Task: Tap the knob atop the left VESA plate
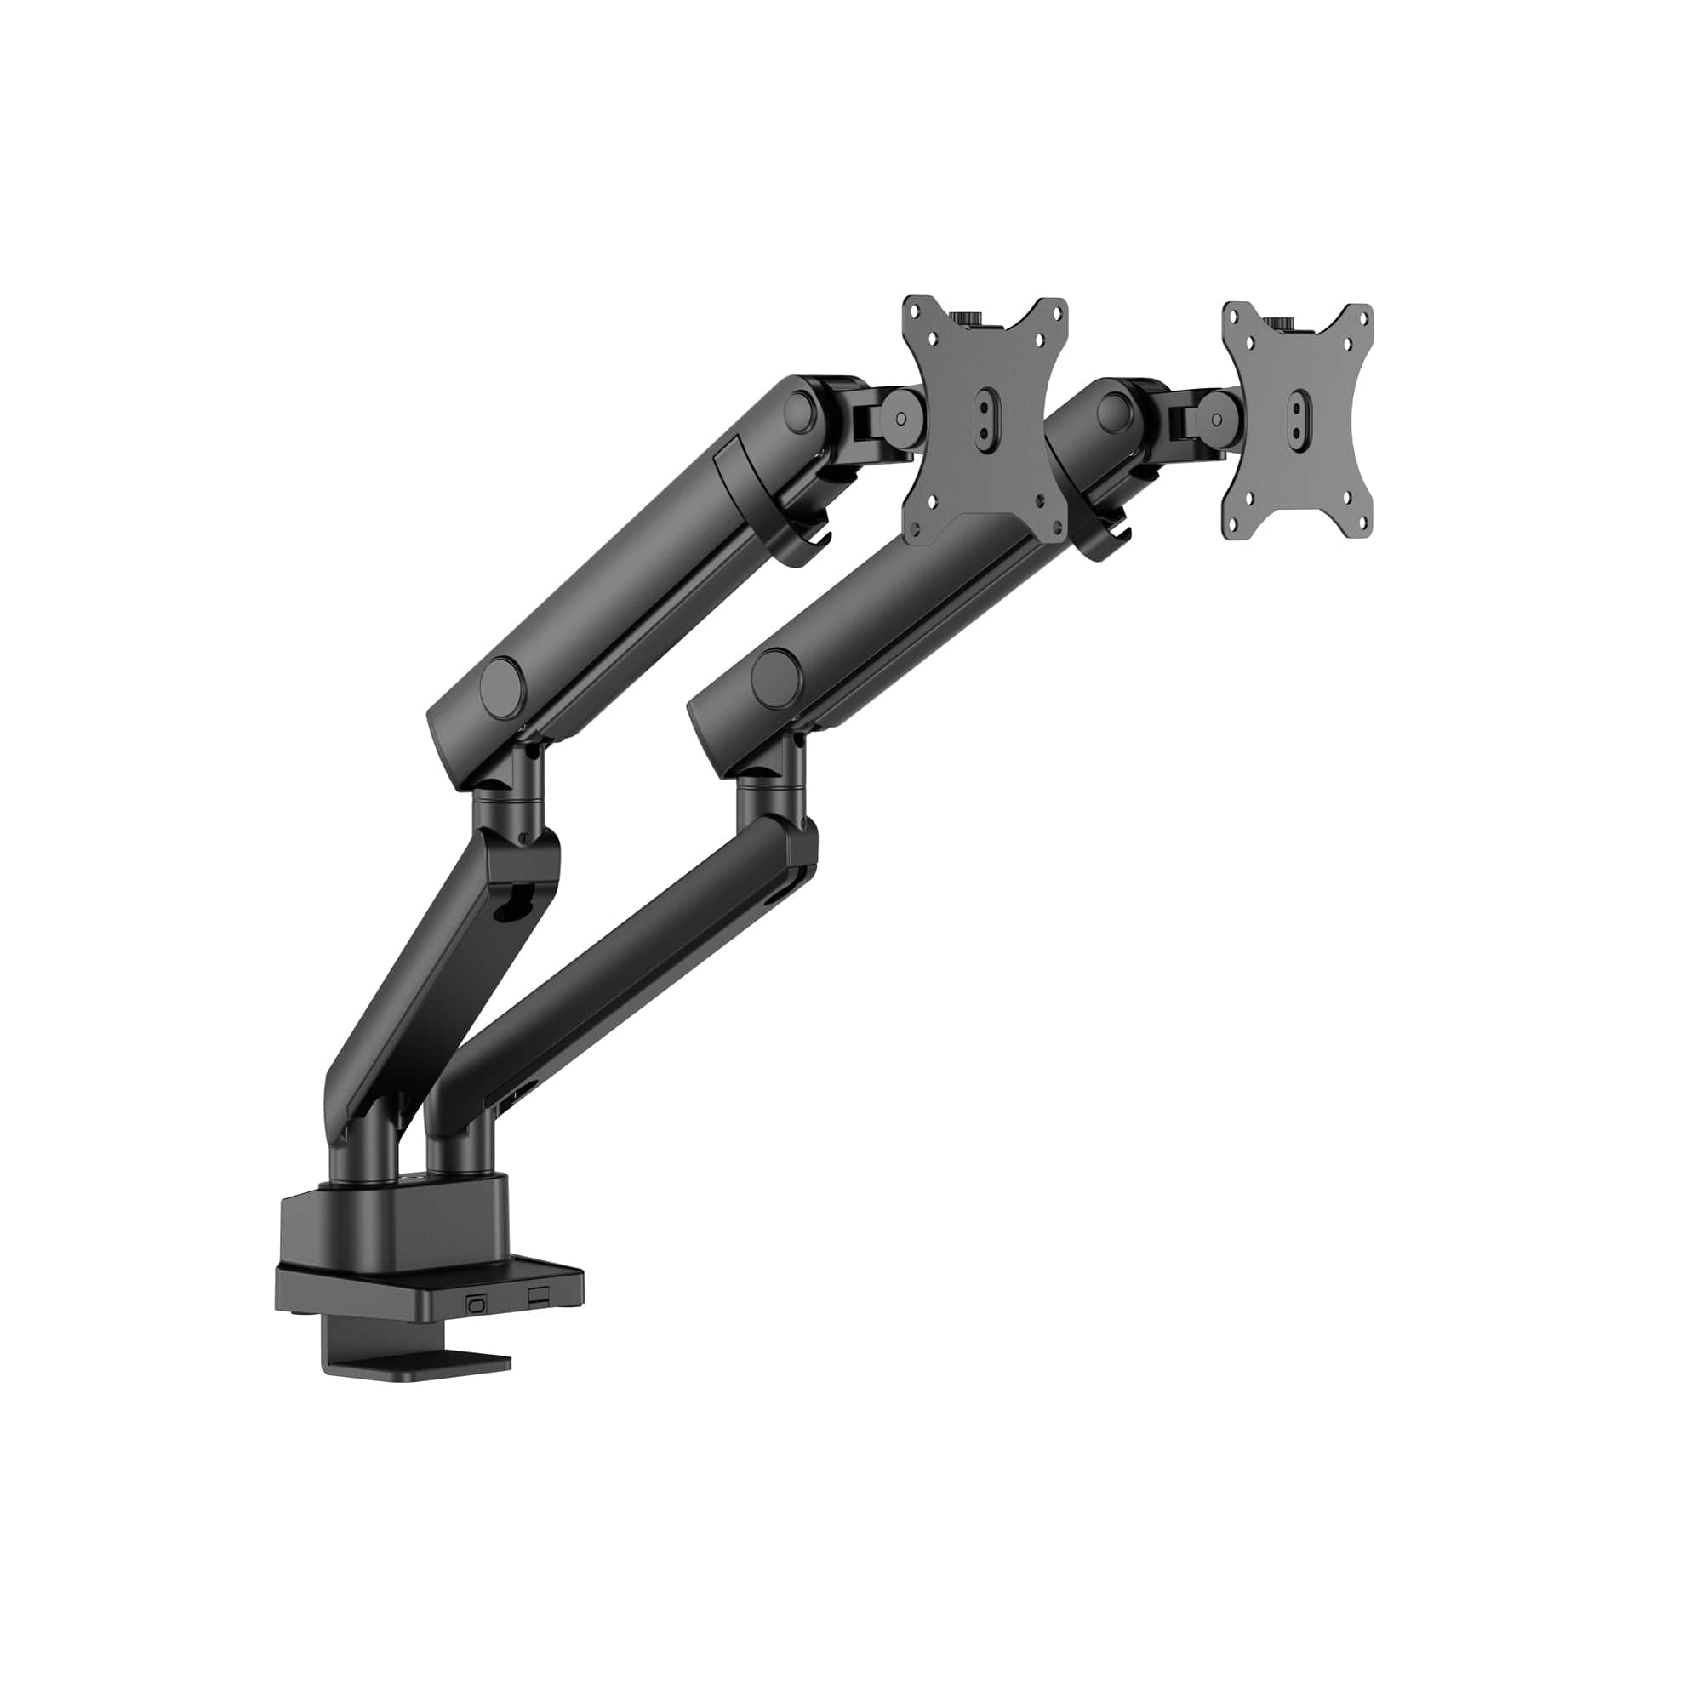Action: (x=967, y=318)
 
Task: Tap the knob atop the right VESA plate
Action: (x=1282, y=325)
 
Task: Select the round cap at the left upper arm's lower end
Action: (x=501, y=680)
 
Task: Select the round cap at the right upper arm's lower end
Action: (x=773, y=671)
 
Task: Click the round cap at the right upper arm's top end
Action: (x=1116, y=409)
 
